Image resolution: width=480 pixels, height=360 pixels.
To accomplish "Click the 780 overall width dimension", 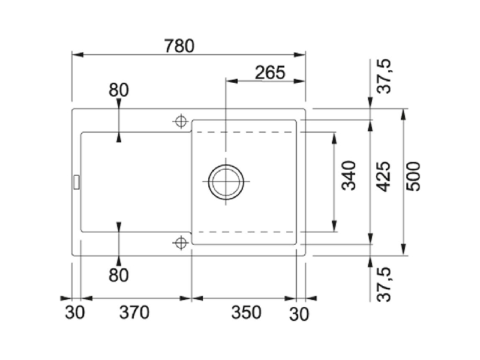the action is [x=179, y=46].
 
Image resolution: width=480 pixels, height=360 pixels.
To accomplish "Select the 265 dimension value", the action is [x=270, y=73].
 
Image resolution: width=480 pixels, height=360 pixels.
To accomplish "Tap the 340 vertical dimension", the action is [x=349, y=176].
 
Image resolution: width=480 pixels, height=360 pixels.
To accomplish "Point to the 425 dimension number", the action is [x=383, y=176].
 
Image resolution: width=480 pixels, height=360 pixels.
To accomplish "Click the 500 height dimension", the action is [x=413, y=176].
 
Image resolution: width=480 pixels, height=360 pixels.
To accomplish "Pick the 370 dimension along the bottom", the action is [x=134, y=313].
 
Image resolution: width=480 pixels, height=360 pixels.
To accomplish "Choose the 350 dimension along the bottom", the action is [x=246, y=313].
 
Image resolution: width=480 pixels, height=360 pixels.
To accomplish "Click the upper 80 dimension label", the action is [x=118, y=91].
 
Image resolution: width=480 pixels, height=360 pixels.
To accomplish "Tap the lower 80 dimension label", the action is [x=118, y=275].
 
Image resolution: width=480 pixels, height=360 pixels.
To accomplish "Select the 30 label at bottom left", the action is [x=74, y=313].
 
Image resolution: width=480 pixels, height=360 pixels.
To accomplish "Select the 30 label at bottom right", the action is [x=299, y=314].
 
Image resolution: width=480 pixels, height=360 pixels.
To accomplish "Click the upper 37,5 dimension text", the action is [x=384, y=76].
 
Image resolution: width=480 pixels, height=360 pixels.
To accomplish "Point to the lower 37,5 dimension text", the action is [x=384, y=284].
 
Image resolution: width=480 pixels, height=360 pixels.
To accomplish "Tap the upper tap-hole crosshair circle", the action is [x=181, y=122].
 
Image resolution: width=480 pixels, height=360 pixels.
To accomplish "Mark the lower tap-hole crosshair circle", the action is [x=181, y=243].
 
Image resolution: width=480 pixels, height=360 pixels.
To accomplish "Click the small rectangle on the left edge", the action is [x=76, y=182].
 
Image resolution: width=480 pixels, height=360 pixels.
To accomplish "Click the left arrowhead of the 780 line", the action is [x=78, y=55].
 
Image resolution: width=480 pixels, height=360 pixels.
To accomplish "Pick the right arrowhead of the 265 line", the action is [x=299, y=81].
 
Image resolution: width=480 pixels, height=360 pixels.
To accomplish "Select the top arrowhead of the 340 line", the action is [x=334, y=138].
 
